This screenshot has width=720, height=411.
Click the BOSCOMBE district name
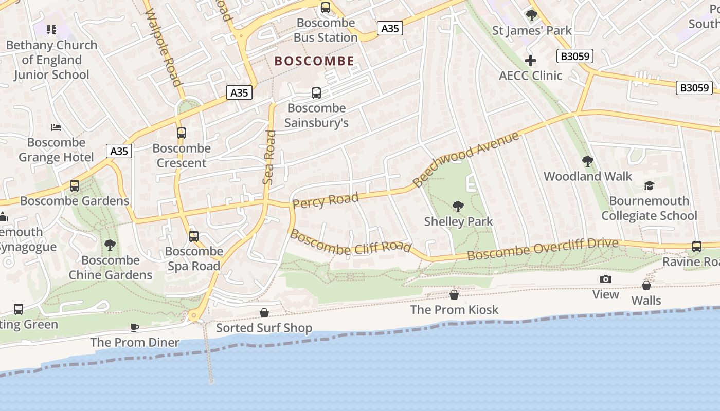314,61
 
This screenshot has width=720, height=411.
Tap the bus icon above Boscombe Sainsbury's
316,93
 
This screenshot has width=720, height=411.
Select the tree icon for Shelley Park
458,207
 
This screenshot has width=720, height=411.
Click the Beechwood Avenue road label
466,160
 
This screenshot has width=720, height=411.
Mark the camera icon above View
606,279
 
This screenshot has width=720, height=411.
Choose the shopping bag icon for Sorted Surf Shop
264,313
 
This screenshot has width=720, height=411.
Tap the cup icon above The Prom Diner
135,327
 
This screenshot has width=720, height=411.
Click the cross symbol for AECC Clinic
531,61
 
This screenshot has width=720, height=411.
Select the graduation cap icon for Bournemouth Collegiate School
650,185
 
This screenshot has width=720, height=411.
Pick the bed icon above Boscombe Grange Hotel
56,127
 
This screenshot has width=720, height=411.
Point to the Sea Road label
269,157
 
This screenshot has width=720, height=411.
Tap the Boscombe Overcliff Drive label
543,249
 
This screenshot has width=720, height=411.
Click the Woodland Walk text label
588,176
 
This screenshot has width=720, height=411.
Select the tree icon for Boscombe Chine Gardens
110,245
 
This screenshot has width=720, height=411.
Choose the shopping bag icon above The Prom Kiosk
454,294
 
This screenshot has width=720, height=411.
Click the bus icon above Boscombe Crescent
181,133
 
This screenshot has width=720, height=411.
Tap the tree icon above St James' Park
532,15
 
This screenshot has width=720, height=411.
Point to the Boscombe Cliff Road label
351,243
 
